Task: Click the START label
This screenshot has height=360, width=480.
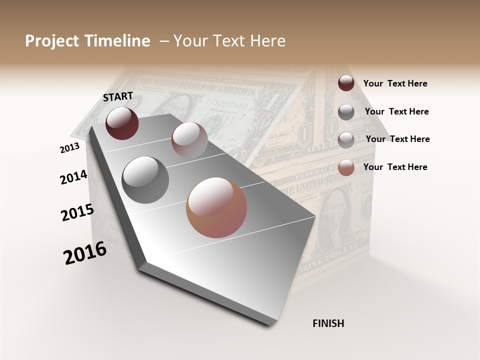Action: [x=118, y=96]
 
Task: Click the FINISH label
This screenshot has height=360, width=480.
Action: [x=328, y=323]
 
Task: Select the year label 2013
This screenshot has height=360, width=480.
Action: [x=69, y=148]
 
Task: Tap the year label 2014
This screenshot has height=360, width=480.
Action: [x=73, y=177]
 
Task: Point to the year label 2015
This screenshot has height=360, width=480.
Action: [x=77, y=212]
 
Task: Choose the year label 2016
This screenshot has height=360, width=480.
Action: [x=85, y=253]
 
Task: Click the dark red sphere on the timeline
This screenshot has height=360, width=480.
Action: [x=122, y=123]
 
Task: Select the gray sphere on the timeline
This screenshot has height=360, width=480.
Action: [x=145, y=179]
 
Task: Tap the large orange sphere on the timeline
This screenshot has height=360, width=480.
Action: [x=216, y=207]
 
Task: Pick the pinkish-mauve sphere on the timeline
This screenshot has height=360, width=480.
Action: [x=189, y=139]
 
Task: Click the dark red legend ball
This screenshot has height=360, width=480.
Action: [x=346, y=83]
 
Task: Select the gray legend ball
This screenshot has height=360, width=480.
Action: [x=346, y=111]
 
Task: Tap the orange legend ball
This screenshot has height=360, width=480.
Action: [x=346, y=167]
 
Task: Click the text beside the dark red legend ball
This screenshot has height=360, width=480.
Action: [x=395, y=83]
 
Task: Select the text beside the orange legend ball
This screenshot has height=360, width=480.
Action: [x=395, y=167]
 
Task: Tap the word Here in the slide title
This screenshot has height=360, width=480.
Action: [x=267, y=41]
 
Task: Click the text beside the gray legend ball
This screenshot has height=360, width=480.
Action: [x=396, y=111]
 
